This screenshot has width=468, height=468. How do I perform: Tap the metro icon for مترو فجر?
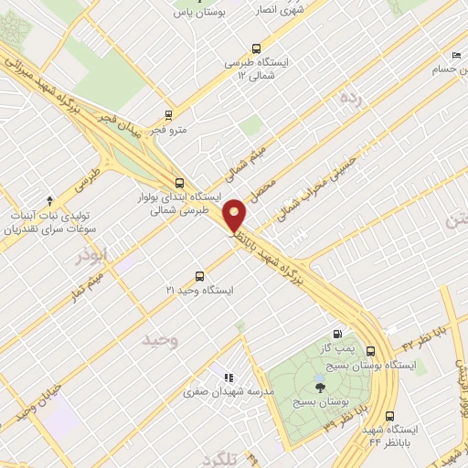168,115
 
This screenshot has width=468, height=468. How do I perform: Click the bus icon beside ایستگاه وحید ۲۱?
201,276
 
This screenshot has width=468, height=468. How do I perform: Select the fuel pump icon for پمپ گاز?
339,335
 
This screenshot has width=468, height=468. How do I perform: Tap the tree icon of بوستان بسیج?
318,388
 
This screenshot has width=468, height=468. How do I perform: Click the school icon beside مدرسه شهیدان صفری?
229,377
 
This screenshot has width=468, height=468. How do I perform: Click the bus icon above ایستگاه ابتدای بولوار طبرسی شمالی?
179,182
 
